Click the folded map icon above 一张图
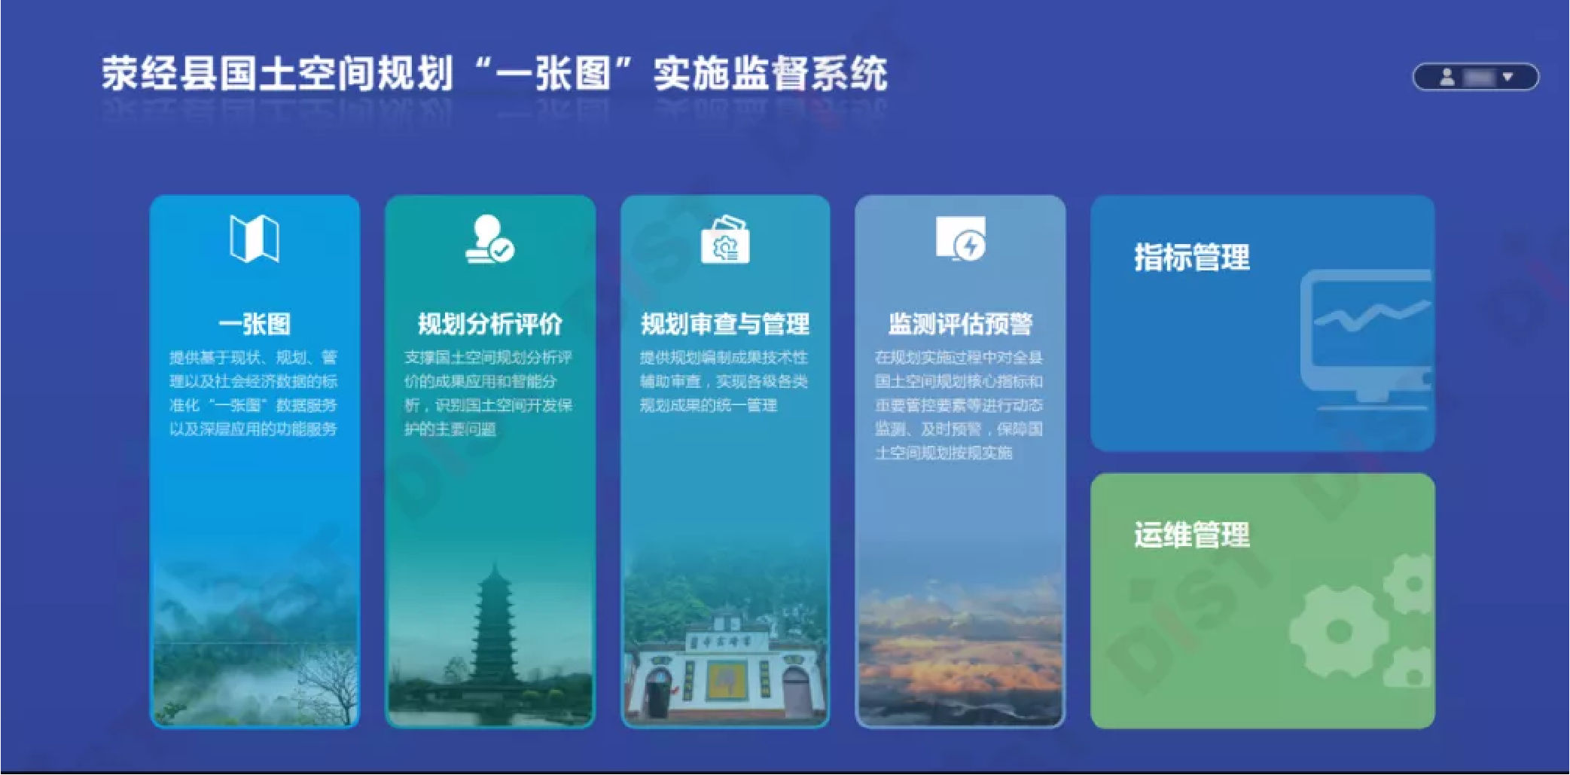click(255, 240)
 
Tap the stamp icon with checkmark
click(489, 240)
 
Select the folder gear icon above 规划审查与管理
click(724, 240)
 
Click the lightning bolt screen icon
click(960, 239)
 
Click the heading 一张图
click(255, 324)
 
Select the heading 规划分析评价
click(489, 324)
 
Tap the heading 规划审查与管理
click(724, 324)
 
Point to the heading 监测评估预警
click(960, 324)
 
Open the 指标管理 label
click(1191, 258)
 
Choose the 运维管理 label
click(1191, 535)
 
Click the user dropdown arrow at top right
click(1508, 77)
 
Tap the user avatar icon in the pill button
click(1447, 77)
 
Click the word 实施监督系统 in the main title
click(770, 74)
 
